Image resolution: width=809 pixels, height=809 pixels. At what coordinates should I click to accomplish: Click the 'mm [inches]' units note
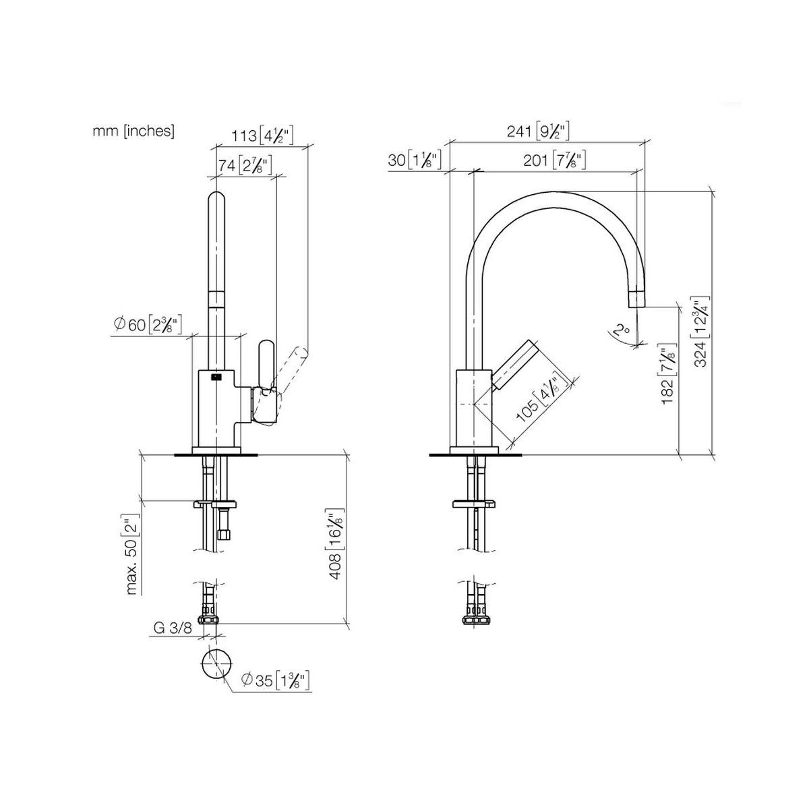pyautogui.click(x=133, y=131)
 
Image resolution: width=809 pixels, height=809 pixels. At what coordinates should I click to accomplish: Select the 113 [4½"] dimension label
pyautogui.click(x=262, y=136)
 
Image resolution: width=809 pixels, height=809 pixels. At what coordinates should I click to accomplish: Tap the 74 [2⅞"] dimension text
pyautogui.click(x=245, y=165)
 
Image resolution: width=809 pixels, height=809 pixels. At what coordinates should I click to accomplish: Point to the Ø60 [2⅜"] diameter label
pyautogui.click(x=148, y=324)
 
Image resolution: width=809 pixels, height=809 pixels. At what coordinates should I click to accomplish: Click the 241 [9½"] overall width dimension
pyautogui.click(x=538, y=131)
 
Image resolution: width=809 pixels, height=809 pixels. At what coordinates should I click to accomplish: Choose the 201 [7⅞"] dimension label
pyautogui.click(x=554, y=160)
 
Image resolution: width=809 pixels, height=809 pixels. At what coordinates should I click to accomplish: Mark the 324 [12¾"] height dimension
pyautogui.click(x=701, y=331)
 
